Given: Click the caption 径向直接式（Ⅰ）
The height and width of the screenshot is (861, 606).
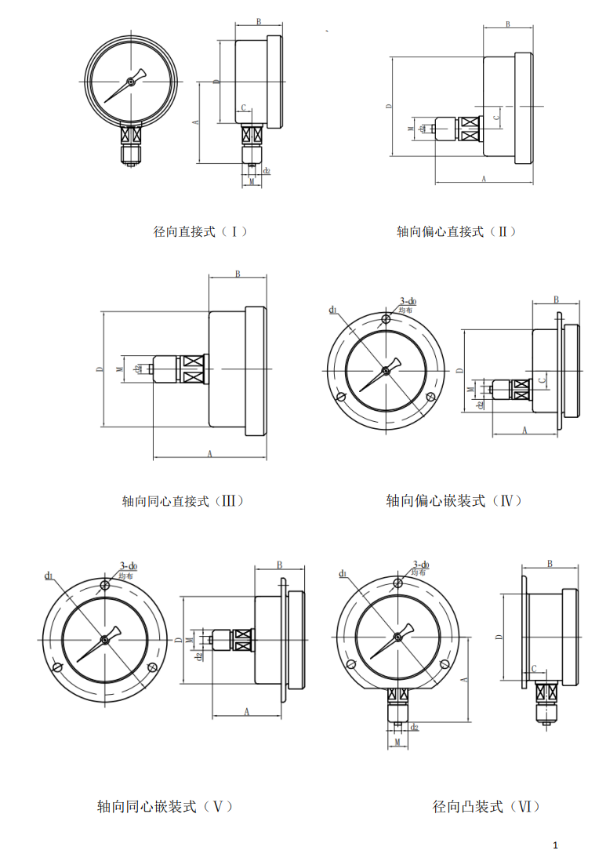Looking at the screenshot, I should tap(201, 231).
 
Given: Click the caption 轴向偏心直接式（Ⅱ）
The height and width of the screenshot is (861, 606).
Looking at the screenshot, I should tap(456, 231).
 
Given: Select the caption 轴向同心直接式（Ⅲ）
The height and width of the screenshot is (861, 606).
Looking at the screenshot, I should tap(183, 500).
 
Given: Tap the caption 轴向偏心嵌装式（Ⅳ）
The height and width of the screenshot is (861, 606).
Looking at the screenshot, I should tap(454, 500).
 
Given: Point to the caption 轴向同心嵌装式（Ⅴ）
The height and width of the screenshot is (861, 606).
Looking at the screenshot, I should tap(165, 806).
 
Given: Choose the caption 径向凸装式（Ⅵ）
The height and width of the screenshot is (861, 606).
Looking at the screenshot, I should tap(486, 806).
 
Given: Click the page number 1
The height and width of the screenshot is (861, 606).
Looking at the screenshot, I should tap(555, 845).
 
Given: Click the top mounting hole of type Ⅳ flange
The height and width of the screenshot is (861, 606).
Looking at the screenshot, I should tap(385, 319).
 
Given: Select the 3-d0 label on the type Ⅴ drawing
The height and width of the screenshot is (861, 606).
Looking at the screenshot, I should tap(129, 566).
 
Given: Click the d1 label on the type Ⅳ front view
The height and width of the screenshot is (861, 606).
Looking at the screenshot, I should tap(332, 310).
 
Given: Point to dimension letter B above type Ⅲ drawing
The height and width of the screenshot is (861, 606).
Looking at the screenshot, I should tap(238, 274).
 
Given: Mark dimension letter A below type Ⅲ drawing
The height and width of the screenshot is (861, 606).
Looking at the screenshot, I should tap(209, 453).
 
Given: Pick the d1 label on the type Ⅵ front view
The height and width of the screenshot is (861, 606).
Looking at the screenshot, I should tap(343, 574).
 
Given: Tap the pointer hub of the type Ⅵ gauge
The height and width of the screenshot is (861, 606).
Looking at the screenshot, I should tap(397, 637).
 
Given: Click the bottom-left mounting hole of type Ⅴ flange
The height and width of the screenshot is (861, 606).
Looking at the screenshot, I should tap(56, 667).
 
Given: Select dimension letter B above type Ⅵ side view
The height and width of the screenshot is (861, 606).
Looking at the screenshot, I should tap(550, 563).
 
